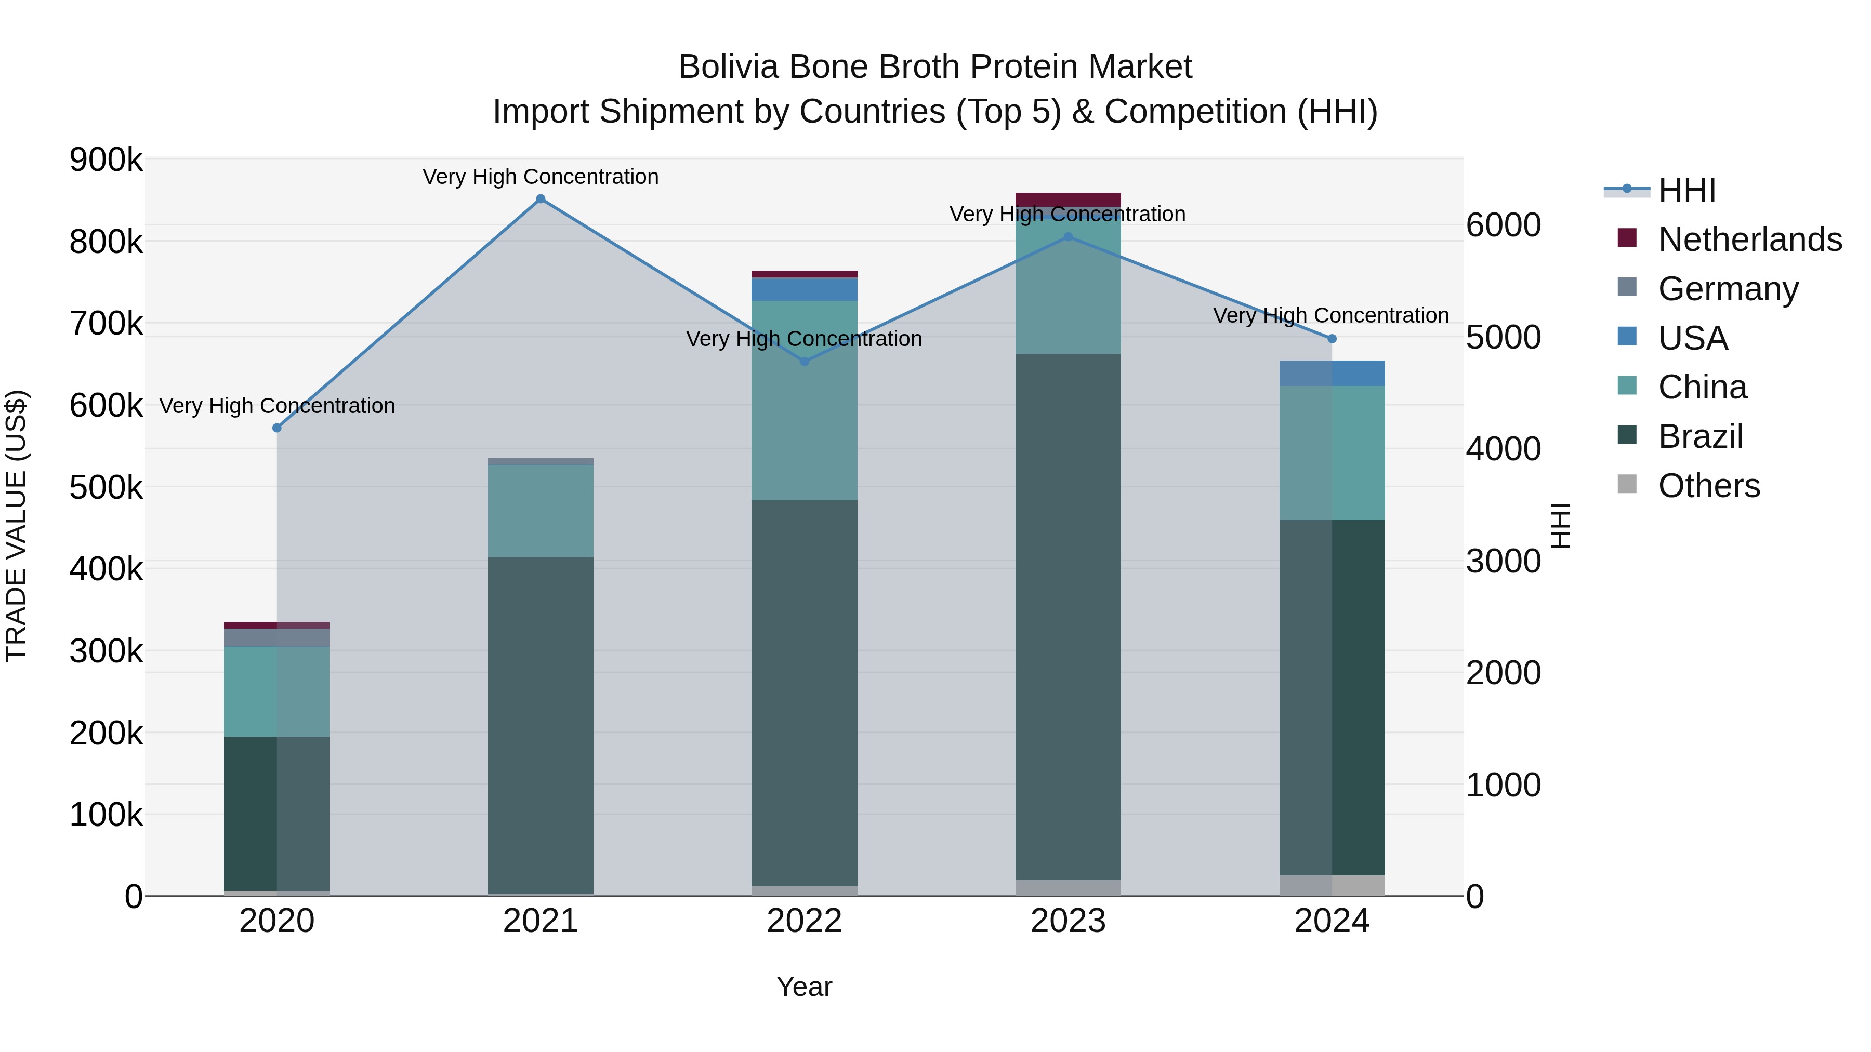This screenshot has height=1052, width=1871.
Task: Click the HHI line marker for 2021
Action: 541,199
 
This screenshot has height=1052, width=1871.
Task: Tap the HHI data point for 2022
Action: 804,362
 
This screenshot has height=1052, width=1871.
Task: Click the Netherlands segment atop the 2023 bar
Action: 1068,199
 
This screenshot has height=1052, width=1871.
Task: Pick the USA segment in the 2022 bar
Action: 804,289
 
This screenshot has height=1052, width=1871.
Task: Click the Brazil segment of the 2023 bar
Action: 1068,617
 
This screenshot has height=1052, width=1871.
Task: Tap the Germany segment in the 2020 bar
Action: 276,637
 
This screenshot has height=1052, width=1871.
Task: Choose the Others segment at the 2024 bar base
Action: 1332,885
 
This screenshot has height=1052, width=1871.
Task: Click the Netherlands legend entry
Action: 1750,239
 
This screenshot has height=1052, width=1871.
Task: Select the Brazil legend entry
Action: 1701,436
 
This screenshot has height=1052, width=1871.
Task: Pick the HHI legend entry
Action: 1686,190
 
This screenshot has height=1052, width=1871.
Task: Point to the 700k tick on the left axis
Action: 106,324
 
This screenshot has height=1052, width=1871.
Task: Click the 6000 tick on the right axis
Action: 1503,225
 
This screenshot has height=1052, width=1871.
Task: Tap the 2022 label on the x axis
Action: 804,921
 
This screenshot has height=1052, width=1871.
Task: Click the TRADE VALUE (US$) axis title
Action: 16,526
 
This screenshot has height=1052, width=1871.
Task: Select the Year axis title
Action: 804,987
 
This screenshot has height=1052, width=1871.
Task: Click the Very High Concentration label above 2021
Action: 541,177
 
